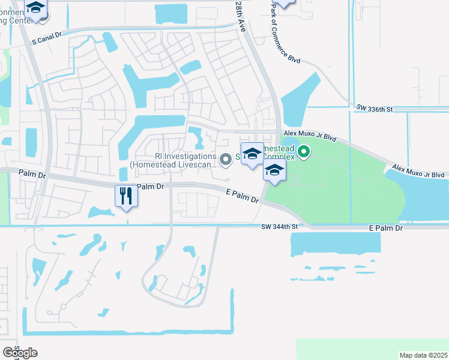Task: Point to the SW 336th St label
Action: pyautogui.click(x=373, y=109)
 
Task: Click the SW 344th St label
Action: pyautogui.click(x=280, y=227)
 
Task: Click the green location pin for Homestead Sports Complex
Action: pyautogui.click(x=304, y=152)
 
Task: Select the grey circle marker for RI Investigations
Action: pyautogui.click(x=225, y=159)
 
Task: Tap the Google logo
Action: pyautogui.click(x=20, y=353)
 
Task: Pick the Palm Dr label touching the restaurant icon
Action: pyautogui.click(x=150, y=187)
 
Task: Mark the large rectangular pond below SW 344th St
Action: pyautogui.click(x=335, y=242)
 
